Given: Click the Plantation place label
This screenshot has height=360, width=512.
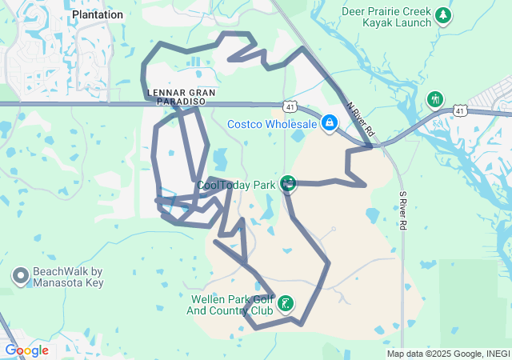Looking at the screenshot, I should pyautogui.click(x=98, y=14).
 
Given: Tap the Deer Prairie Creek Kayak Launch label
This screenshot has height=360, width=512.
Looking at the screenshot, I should pyautogui.click(x=386, y=17).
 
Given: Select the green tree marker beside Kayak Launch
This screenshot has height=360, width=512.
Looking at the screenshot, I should pyautogui.click(x=443, y=15).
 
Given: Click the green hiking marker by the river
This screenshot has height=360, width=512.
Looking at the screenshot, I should pyautogui.click(x=435, y=99).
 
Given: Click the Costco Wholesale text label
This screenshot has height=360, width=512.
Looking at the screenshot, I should pyautogui.click(x=272, y=124).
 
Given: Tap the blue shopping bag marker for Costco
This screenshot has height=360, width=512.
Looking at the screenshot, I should pyautogui.click(x=329, y=122).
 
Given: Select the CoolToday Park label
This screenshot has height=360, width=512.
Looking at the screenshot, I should pyautogui.click(x=236, y=185).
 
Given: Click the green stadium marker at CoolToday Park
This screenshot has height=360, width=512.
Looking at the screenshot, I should pyautogui.click(x=288, y=185).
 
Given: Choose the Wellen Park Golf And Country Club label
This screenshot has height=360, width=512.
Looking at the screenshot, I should pyautogui.click(x=231, y=304).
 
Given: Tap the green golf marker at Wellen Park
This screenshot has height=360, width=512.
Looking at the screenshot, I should pyautogui.click(x=286, y=304).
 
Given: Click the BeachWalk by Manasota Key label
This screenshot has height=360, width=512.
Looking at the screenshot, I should pyautogui.click(x=68, y=277).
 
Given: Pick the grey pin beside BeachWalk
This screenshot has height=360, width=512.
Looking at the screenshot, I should pyautogui.click(x=20, y=277).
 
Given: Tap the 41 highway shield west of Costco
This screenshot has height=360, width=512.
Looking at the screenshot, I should pyautogui.click(x=291, y=106).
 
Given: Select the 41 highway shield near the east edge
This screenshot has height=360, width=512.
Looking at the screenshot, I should pyautogui.click(x=459, y=110).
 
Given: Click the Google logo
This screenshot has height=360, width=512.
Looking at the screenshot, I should pyautogui.click(x=26, y=350).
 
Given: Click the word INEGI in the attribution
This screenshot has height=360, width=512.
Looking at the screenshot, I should pyautogui.click(x=494, y=354).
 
